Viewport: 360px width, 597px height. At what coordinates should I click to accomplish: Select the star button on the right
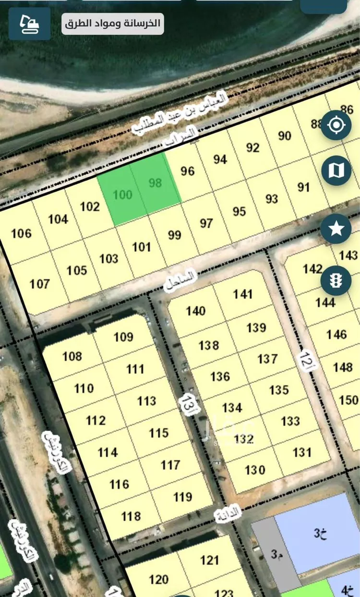336,229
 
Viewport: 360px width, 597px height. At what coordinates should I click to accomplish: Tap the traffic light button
336,280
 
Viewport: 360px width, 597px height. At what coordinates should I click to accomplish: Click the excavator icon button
29,24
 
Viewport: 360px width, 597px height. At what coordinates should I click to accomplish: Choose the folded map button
336,170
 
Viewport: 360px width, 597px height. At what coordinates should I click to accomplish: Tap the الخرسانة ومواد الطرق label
112,24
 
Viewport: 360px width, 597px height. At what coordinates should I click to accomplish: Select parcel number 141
243,294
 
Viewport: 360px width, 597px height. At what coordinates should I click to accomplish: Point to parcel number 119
182,497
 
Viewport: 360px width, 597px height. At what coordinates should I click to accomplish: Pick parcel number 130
254,469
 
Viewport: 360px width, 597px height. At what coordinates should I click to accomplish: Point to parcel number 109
123,337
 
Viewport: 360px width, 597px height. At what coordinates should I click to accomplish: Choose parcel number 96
188,171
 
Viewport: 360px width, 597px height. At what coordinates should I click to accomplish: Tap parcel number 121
210,560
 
